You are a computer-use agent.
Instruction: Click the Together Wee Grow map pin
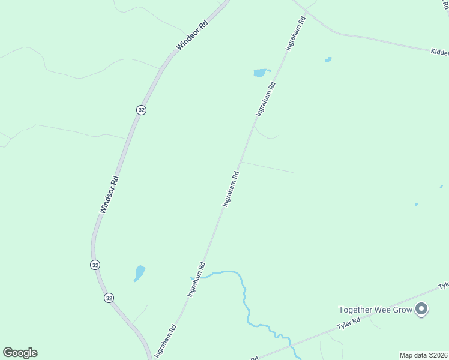(421, 309)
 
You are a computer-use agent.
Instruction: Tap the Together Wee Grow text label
(375, 310)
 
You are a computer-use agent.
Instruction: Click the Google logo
(20, 353)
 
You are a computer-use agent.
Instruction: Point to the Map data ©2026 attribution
(423, 355)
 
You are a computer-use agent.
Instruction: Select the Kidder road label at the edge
(440, 53)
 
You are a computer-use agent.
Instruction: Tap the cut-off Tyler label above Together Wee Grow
(444, 286)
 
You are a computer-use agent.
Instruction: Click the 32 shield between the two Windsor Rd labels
(140, 110)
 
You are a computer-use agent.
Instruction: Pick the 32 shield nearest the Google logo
(108, 298)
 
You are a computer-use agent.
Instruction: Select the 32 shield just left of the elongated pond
(95, 265)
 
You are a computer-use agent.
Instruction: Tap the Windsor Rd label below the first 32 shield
(110, 194)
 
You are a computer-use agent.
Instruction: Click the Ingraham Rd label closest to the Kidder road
(297, 33)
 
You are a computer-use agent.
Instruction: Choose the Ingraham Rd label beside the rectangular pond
(265, 98)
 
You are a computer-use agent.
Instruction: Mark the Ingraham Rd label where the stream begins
(197, 280)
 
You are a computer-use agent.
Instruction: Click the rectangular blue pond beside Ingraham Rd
(260, 73)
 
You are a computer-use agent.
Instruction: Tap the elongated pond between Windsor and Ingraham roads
(139, 274)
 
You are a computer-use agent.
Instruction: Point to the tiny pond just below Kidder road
(328, 59)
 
